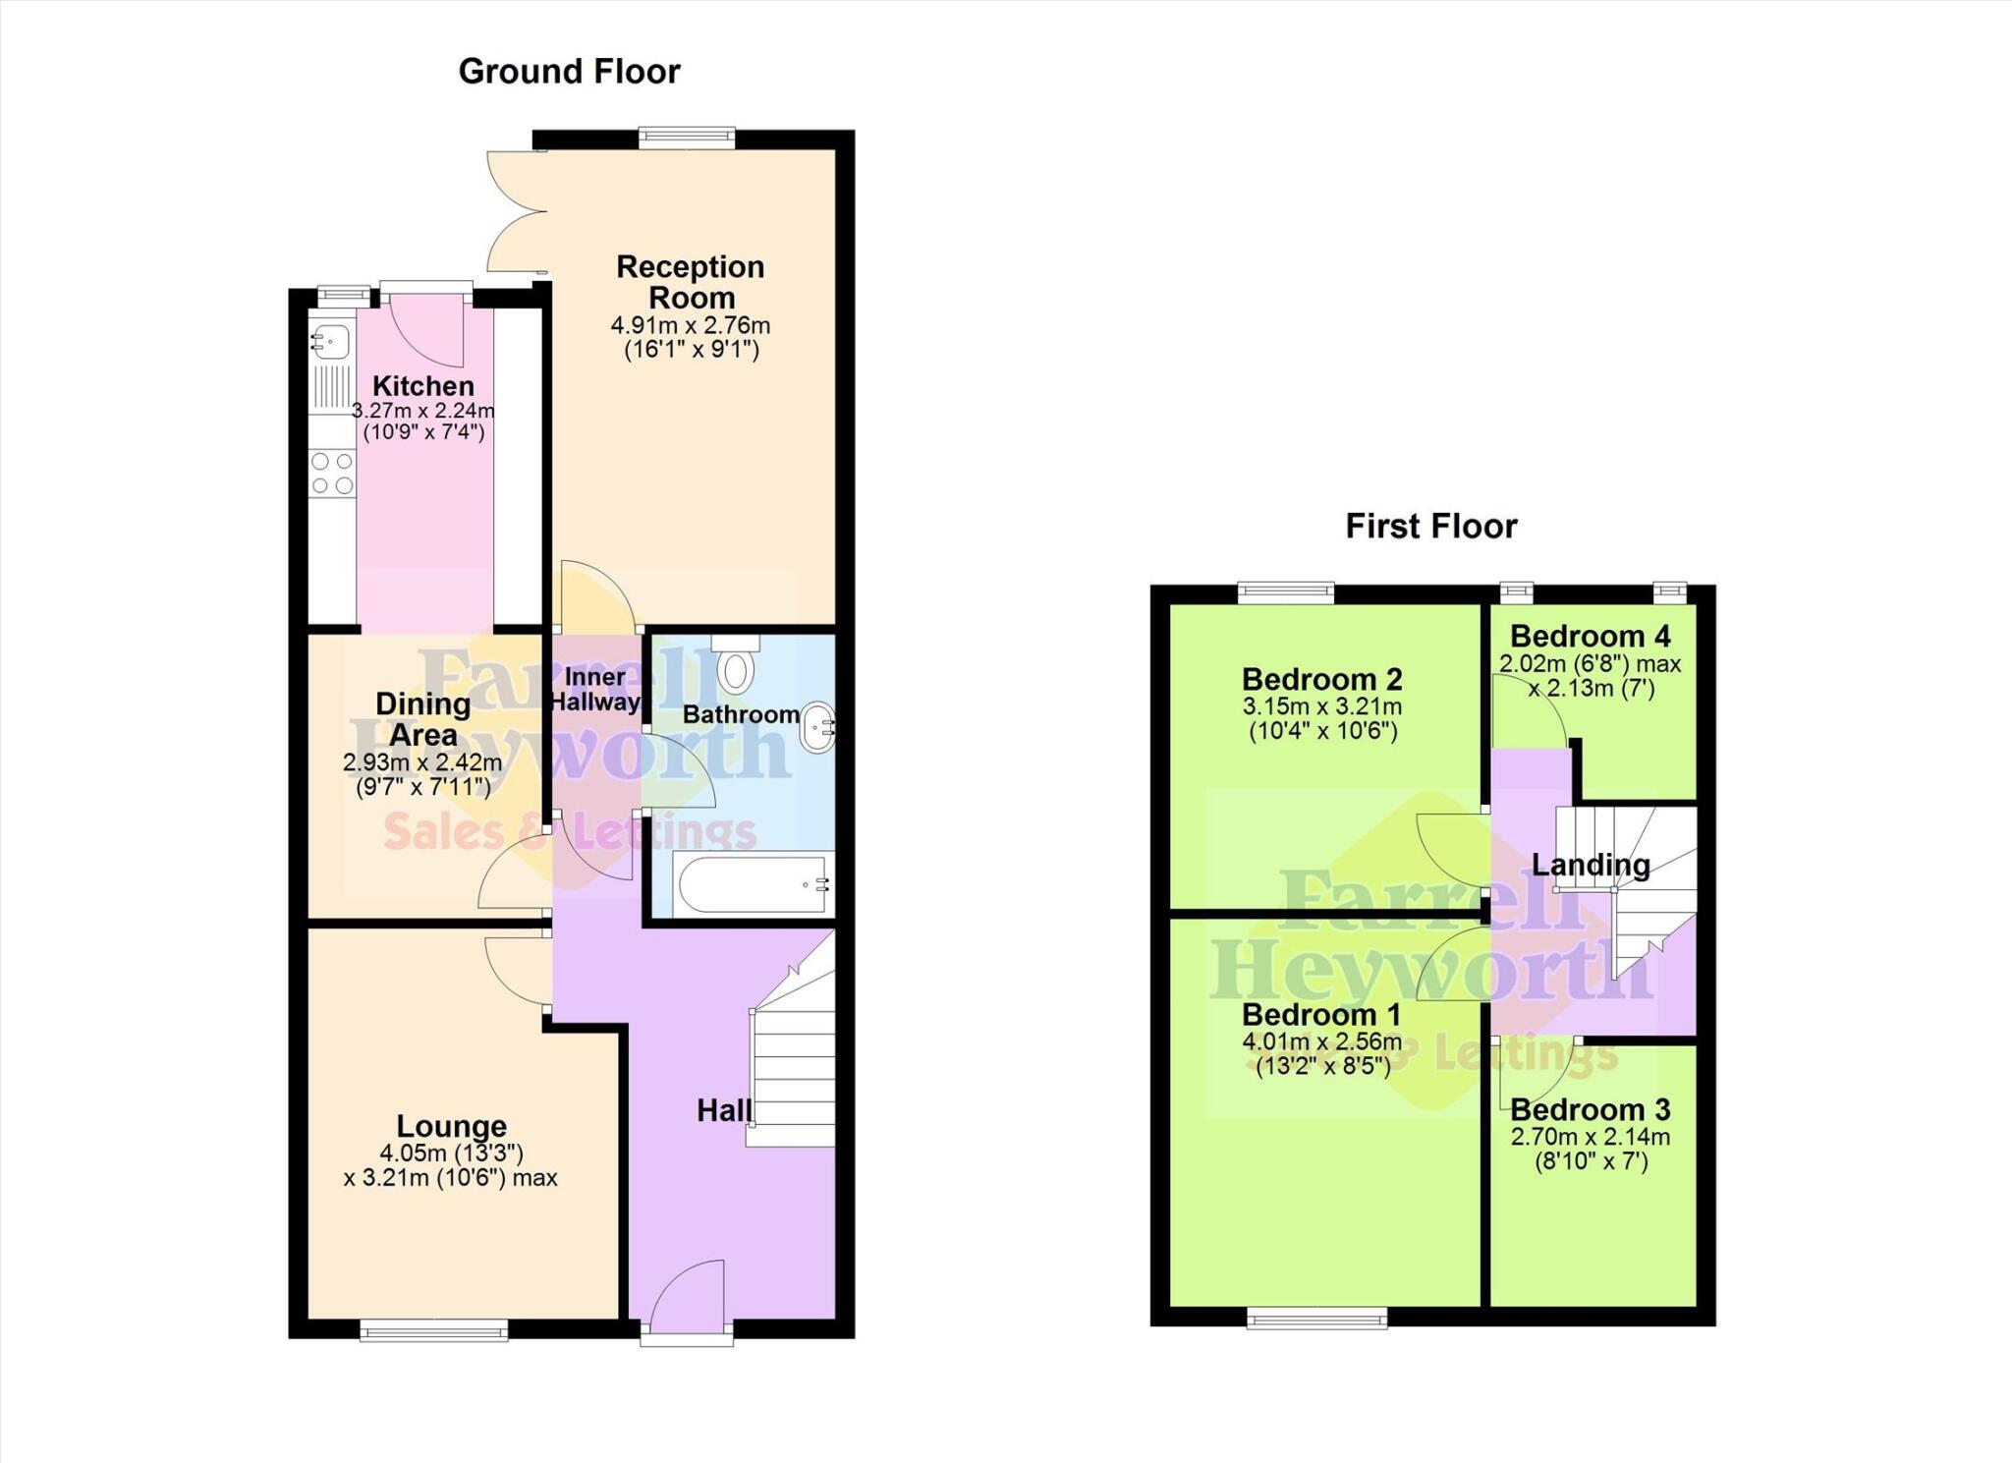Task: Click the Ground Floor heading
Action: pos(569,72)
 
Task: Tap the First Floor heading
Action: pos(1430,527)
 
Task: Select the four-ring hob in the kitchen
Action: pos(331,473)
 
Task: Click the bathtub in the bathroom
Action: pos(752,884)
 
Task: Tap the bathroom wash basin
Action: pos(817,728)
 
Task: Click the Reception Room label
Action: pos(691,282)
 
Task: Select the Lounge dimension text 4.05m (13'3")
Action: pos(451,1153)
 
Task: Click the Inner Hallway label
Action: pos(595,689)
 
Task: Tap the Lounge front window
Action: pos(433,1331)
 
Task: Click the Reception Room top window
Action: pos(686,139)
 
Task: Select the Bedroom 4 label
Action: pos(1590,637)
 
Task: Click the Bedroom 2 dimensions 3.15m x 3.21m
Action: pos(1322,706)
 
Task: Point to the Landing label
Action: pos(1591,866)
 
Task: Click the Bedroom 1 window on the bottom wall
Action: pos(1316,1319)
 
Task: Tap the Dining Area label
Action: pos(422,719)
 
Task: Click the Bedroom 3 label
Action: pos(1590,1110)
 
